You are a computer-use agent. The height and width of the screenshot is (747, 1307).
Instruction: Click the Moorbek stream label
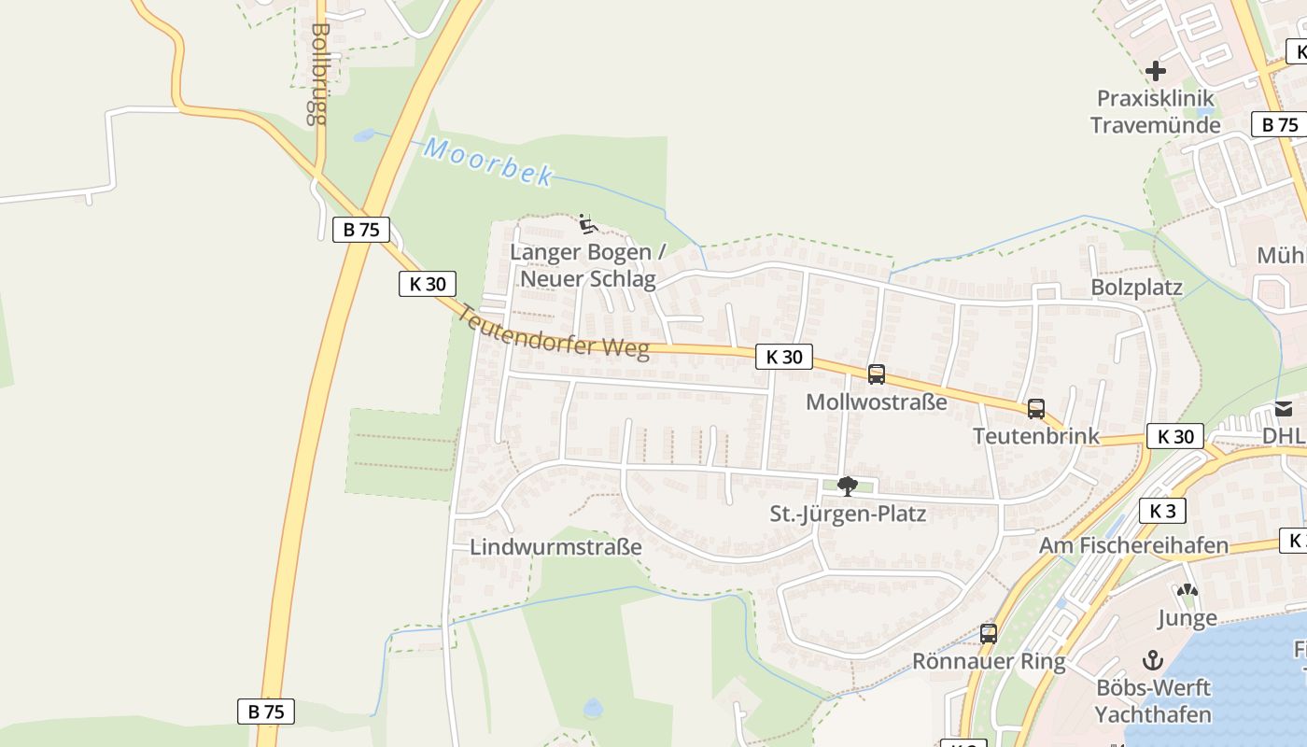(488, 162)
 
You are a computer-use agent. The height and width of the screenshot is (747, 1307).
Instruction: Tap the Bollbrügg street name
(319, 74)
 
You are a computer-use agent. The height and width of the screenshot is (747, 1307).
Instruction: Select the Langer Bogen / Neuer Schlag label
(588, 265)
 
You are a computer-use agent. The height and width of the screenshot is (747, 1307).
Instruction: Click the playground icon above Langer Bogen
(587, 224)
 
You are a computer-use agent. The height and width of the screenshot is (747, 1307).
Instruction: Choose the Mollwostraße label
(876, 402)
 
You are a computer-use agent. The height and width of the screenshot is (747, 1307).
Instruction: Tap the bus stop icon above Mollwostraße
(876, 374)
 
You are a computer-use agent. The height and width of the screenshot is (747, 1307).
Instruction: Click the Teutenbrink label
(1036, 436)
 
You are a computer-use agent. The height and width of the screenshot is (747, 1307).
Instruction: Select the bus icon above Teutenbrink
(1036, 408)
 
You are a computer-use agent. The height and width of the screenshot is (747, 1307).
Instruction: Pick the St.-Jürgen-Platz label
(848, 514)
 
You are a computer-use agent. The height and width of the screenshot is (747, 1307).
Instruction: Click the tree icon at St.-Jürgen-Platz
(848, 486)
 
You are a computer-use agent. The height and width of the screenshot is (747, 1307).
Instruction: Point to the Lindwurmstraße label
(555, 547)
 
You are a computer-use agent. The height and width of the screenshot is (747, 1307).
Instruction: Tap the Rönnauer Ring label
(989, 662)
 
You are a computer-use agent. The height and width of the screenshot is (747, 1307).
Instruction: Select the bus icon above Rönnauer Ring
(989, 634)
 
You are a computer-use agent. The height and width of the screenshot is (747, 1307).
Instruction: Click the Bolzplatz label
(1136, 288)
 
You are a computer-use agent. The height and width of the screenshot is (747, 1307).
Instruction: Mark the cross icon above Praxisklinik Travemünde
(1156, 71)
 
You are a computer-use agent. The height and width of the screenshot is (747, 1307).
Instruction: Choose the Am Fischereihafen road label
(1134, 545)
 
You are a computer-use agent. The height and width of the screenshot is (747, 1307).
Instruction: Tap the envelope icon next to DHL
(1284, 408)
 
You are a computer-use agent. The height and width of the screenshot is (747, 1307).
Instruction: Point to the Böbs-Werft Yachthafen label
(1153, 701)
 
